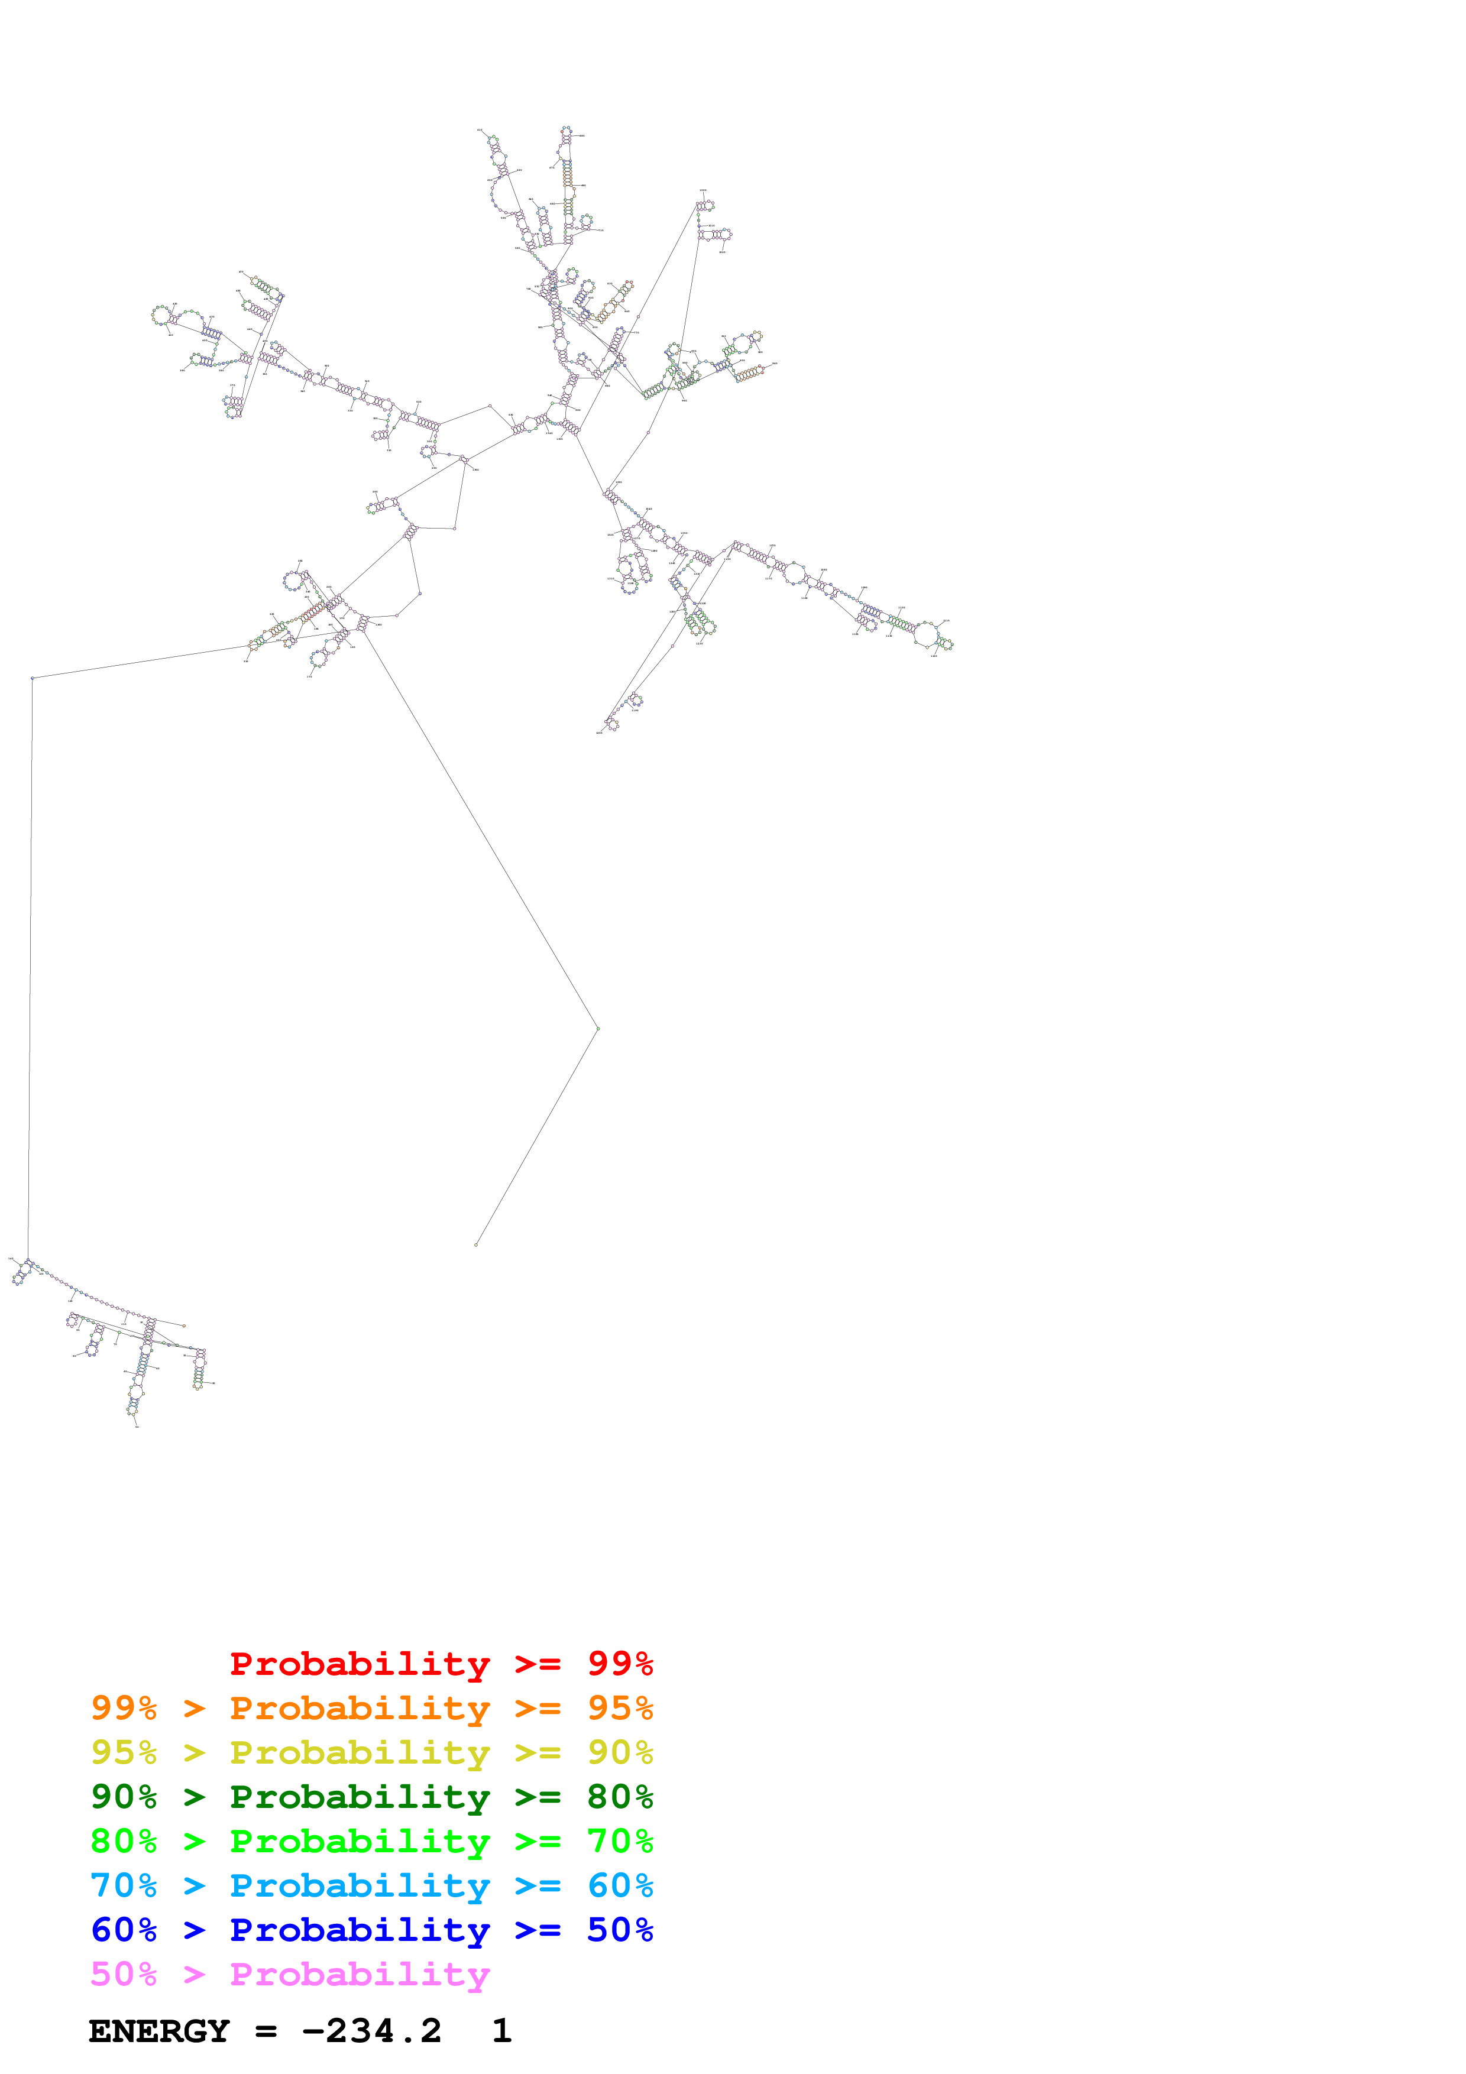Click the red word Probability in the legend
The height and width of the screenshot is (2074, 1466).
(360, 1664)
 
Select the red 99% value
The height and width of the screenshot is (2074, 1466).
(620, 1664)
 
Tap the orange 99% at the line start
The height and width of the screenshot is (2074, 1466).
(124, 1708)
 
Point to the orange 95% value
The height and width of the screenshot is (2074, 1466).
(620, 1708)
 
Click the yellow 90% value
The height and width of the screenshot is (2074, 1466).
(620, 1752)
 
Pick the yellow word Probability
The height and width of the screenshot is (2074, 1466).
(360, 1752)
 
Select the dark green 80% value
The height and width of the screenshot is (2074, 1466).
(620, 1797)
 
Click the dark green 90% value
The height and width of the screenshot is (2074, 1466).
(124, 1797)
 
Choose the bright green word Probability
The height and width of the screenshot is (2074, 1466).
(360, 1841)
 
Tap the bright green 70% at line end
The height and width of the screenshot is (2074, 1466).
(620, 1841)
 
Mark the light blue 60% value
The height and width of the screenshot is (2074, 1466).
(620, 1885)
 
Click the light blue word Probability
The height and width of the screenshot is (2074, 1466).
(360, 1885)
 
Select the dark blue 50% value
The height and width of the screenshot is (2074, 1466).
(620, 1930)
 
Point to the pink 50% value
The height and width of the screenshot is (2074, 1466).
(124, 1973)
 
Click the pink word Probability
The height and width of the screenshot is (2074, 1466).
(360, 1973)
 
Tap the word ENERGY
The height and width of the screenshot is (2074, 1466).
(159, 2031)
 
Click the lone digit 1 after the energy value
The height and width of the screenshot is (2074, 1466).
(502, 2031)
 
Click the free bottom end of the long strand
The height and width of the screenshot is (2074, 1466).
(476, 1245)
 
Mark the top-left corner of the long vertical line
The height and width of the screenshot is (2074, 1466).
(33, 678)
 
